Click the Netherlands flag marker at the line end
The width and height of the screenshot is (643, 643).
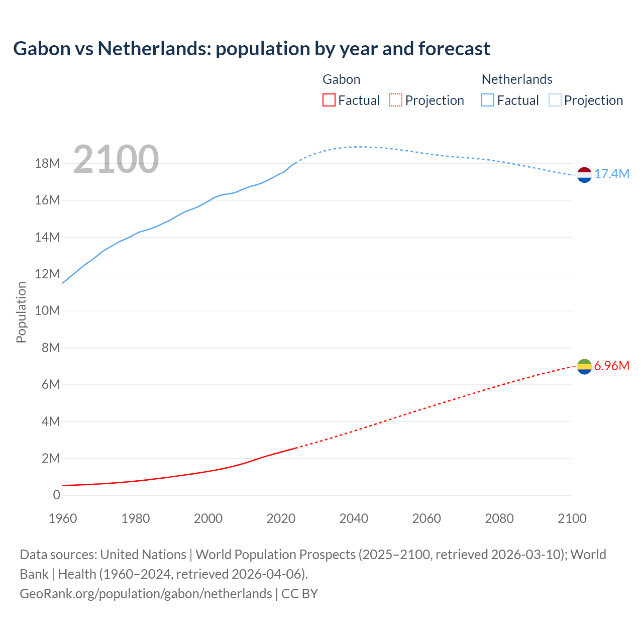(x=584, y=175)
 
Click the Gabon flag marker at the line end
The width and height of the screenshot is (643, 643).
(x=584, y=367)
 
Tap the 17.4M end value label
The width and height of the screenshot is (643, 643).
(x=611, y=174)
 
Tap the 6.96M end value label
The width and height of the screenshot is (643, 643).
(x=611, y=366)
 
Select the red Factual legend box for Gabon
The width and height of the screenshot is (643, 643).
(x=329, y=100)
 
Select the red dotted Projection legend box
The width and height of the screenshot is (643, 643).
(x=396, y=100)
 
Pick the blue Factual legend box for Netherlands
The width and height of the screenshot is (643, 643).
(x=487, y=100)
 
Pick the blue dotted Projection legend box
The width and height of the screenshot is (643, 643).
(x=555, y=100)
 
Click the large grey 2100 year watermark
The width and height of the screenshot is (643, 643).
(x=116, y=159)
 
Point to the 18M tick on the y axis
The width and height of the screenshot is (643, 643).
(x=48, y=164)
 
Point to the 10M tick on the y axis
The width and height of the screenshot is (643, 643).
(x=48, y=311)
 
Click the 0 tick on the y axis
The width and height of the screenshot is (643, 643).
(x=56, y=495)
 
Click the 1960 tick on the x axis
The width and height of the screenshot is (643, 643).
(x=63, y=518)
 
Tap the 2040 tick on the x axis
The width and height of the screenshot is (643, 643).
(x=354, y=518)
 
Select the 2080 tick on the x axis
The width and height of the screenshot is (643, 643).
(x=499, y=518)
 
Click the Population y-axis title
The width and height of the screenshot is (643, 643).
(x=21, y=312)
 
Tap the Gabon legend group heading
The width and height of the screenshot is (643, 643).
(x=341, y=79)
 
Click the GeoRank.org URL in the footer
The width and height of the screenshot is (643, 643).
(x=146, y=594)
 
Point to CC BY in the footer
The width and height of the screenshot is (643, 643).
(x=300, y=594)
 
